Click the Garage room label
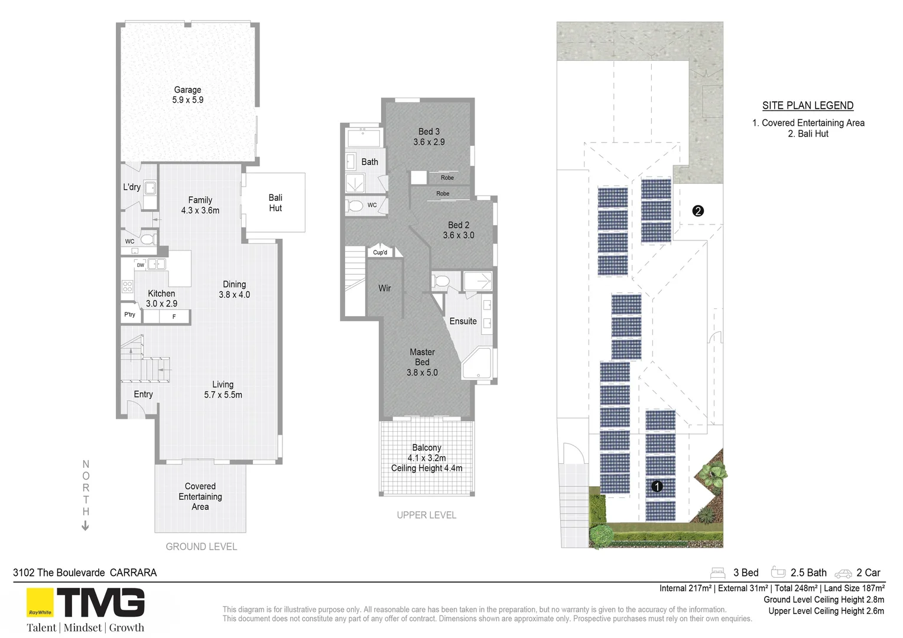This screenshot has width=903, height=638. pyautogui.click(x=187, y=95)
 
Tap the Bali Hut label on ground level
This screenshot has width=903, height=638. pyautogui.click(x=275, y=203)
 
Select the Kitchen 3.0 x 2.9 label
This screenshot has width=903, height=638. pyautogui.click(x=161, y=298)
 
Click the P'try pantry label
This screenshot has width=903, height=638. pyautogui.click(x=129, y=315)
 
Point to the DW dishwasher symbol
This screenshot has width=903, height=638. pyautogui.click(x=141, y=265)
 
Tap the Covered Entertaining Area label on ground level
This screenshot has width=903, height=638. pyautogui.click(x=200, y=496)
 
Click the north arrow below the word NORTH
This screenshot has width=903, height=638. pyautogui.click(x=86, y=525)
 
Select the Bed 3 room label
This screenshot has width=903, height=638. pyautogui.click(x=429, y=136)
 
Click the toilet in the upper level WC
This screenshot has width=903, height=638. pyautogui.click(x=356, y=206)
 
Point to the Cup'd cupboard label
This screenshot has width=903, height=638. pyautogui.click(x=380, y=253)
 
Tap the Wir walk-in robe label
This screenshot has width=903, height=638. pyautogui.click(x=385, y=288)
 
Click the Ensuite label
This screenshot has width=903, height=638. pyautogui.click(x=463, y=321)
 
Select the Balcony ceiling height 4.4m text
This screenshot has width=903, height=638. pyautogui.click(x=427, y=468)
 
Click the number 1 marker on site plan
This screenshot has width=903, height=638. pyautogui.click(x=657, y=486)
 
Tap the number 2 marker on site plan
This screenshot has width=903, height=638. pyautogui.click(x=698, y=211)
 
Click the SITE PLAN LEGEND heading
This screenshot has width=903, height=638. pyautogui.click(x=807, y=106)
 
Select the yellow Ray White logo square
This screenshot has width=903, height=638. pyautogui.click(x=40, y=603)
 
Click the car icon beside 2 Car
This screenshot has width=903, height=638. pyautogui.click(x=843, y=573)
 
